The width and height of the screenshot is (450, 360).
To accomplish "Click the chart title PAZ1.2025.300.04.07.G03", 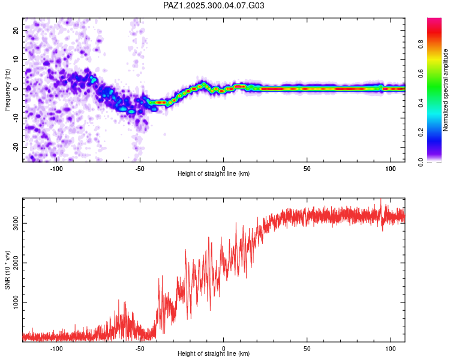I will (214, 5).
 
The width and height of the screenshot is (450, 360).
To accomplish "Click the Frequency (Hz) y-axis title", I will (8, 89).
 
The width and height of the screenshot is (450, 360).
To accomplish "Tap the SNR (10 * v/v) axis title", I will (8, 269).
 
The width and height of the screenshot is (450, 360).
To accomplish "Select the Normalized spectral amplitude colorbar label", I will (445, 90).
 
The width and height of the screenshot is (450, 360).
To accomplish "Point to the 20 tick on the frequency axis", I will (16, 30).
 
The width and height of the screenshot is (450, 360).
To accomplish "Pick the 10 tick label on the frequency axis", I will (16, 59).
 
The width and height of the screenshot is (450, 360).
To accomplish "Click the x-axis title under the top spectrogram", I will (214, 173).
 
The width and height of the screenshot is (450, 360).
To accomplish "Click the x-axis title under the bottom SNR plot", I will (214, 353).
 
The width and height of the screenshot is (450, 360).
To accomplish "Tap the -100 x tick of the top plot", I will (56, 167).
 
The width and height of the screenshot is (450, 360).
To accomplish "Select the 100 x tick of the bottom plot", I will (391, 347).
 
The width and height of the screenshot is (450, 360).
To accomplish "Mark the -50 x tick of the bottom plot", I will (140, 347).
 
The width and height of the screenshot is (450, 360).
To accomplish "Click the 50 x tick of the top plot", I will (307, 167).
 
